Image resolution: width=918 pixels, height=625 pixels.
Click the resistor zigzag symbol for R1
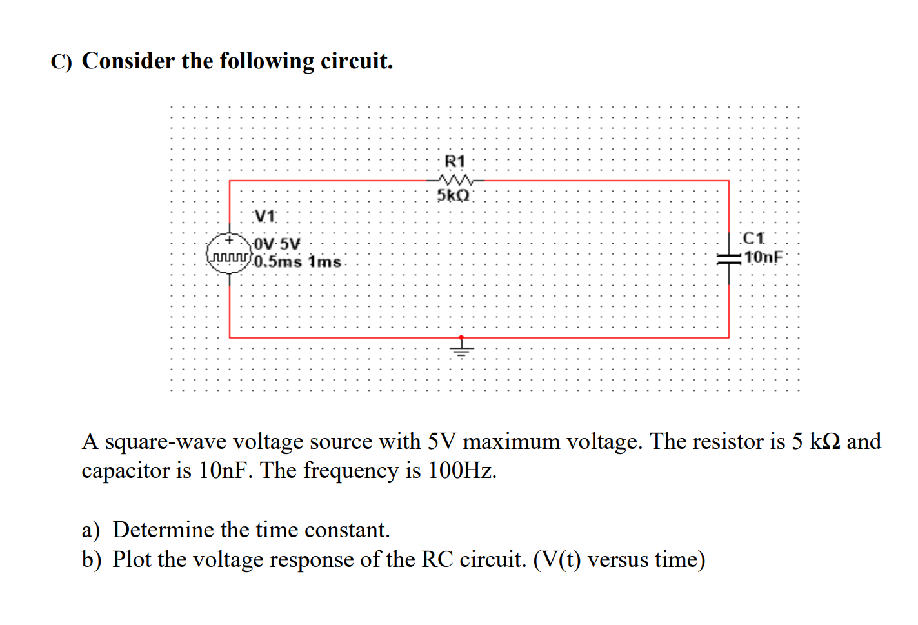point(455,180)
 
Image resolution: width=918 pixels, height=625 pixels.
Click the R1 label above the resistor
point(455,161)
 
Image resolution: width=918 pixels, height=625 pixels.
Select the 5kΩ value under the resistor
point(454,195)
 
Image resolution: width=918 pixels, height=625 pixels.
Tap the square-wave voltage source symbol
point(229,253)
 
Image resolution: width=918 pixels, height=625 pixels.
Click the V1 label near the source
point(264,216)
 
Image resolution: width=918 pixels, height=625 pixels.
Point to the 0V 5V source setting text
point(277,244)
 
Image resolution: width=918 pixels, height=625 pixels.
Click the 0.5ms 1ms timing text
point(297,262)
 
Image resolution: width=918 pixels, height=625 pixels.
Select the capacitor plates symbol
point(729,258)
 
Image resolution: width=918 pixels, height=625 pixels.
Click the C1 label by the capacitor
point(753,239)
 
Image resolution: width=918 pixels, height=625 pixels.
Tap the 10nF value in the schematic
point(764,257)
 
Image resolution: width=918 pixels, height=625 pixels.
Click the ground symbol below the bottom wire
point(461,349)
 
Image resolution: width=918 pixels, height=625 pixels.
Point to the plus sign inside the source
point(228,241)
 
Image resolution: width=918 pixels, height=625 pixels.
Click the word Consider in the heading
point(128,61)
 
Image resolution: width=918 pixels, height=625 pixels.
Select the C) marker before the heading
point(61,62)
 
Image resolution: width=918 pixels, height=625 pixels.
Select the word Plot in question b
point(132,559)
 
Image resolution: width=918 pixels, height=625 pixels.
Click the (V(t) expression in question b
point(557,559)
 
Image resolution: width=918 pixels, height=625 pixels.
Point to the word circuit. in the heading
point(357,61)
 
